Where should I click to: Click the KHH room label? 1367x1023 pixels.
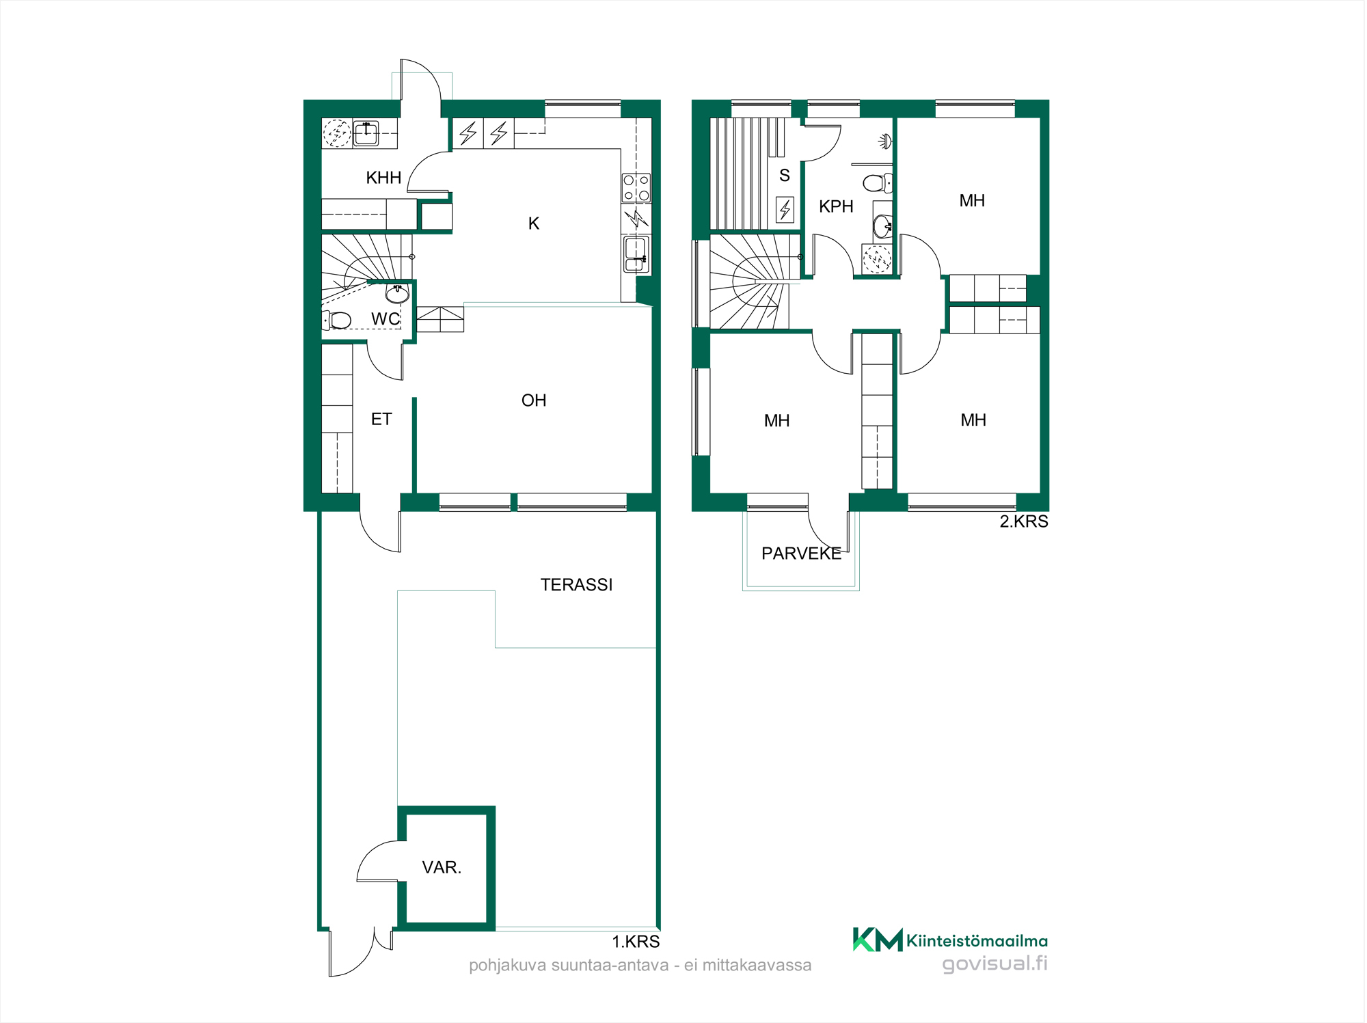[x=383, y=178]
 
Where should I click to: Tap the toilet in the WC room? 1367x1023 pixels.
[x=337, y=320]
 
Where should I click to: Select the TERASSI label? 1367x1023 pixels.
[x=576, y=585]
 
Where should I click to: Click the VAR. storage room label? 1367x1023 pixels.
[x=442, y=867]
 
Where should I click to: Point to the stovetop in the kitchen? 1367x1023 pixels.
[x=636, y=188]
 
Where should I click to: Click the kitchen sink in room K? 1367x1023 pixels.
[x=636, y=254]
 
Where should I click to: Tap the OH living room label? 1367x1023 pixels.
[x=534, y=400]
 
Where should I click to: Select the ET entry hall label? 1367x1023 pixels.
[x=381, y=419]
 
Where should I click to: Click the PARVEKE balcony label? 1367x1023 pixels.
[x=801, y=554]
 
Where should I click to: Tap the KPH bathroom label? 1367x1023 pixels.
[x=836, y=206]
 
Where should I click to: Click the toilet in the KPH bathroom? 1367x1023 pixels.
[x=878, y=183]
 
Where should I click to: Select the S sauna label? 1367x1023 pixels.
[x=785, y=176]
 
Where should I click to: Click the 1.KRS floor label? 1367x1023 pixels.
[x=636, y=942]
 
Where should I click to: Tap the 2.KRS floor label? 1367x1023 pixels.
[x=1024, y=521]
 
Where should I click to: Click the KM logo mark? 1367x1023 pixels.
[x=878, y=940]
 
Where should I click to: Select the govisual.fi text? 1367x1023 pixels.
[x=994, y=964]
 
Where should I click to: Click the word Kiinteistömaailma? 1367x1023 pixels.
[x=977, y=941]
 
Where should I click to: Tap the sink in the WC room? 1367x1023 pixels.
[x=397, y=294]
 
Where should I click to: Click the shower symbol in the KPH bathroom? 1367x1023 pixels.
[x=885, y=141]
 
